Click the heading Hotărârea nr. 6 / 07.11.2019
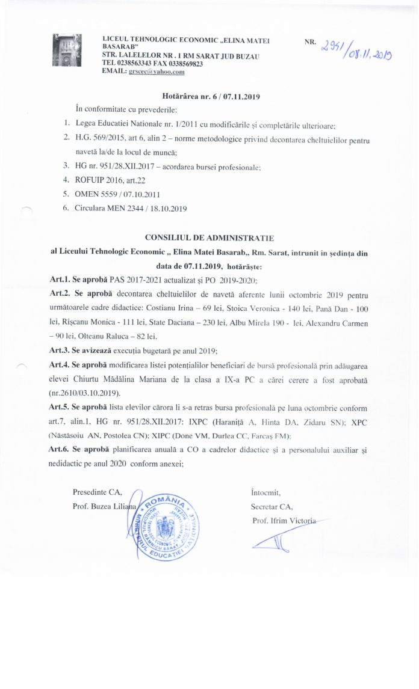tap(211, 96)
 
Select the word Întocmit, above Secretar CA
tap(265, 492)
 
